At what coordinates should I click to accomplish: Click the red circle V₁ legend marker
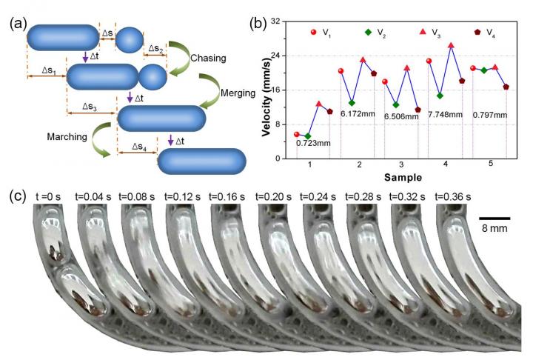(313, 32)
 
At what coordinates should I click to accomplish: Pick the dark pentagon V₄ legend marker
(477, 32)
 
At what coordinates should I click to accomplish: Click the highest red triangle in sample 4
(451, 45)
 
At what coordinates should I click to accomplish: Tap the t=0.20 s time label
(275, 197)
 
